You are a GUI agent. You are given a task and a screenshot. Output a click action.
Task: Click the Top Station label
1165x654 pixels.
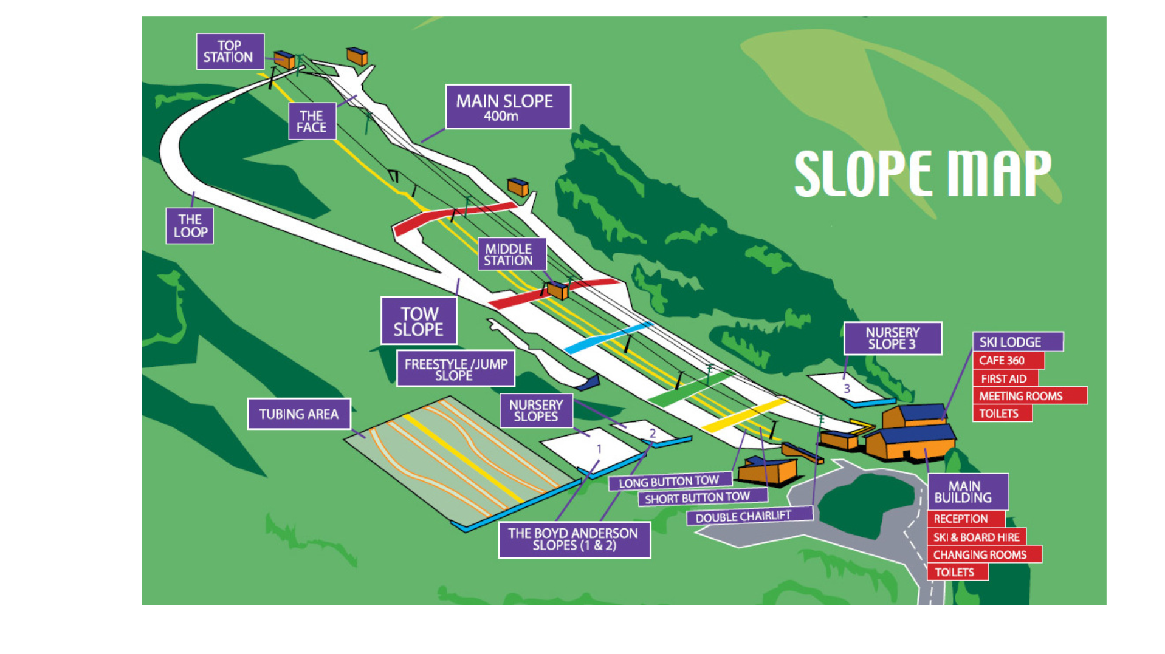click(230, 52)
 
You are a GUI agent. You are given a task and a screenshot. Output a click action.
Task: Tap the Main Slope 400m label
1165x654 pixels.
click(507, 107)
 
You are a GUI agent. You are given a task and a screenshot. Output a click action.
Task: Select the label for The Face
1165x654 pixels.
click(312, 121)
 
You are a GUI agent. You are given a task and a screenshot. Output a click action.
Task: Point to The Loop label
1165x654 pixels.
click(190, 226)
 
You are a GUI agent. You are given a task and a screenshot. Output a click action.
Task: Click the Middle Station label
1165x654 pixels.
click(511, 254)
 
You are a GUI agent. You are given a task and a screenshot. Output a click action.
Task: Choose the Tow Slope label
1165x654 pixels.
click(419, 321)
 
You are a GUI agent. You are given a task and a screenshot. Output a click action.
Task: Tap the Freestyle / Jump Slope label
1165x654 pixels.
click(455, 369)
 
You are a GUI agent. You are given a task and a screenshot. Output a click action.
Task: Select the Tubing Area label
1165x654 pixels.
click(299, 414)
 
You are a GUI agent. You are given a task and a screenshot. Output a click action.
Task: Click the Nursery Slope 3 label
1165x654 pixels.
click(892, 338)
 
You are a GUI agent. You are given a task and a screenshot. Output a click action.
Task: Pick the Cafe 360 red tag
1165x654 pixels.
click(1008, 361)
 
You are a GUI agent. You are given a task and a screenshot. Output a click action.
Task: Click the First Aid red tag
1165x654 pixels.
click(1005, 378)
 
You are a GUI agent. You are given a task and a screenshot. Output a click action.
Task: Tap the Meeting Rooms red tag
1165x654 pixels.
click(1029, 396)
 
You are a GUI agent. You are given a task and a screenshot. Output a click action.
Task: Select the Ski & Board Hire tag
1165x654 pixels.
click(976, 537)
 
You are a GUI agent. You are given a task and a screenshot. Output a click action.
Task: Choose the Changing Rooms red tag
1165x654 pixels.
click(983, 554)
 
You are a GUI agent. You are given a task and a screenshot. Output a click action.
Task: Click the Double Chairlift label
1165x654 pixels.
click(749, 517)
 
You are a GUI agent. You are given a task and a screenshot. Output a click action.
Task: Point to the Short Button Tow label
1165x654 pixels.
click(702, 498)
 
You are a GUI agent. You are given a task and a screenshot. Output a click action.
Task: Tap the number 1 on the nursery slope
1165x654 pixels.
click(599, 449)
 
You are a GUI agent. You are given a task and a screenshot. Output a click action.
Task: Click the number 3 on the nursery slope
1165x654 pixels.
click(847, 389)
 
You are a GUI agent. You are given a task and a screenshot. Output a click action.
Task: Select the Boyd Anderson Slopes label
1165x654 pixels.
click(574, 539)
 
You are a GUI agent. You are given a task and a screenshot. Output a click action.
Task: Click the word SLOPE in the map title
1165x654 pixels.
click(862, 174)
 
